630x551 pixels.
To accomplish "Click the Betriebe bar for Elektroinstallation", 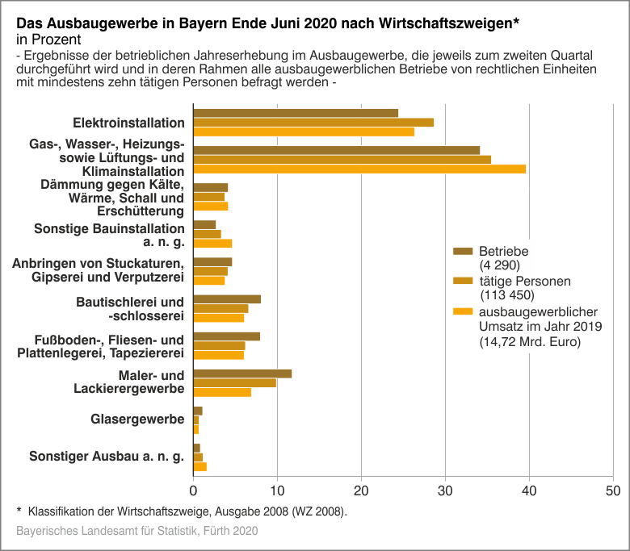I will [296, 113].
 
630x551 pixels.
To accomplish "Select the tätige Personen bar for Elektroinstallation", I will [313, 123].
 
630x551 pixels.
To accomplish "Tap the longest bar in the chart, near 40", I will [359, 169].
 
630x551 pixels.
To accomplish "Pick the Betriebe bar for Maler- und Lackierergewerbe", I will [242, 374].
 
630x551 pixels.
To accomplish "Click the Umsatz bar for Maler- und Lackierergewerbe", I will [222, 392].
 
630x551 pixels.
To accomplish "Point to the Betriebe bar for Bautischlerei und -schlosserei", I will [227, 299].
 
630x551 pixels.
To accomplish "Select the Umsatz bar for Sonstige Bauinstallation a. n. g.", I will [212, 243].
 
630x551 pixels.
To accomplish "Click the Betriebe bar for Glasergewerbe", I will [198, 411].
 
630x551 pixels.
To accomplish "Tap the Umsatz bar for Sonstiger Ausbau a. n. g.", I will [200, 466].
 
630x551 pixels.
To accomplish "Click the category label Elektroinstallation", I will [128, 123].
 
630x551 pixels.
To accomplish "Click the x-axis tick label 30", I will [445, 490].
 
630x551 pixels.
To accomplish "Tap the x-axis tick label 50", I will [612, 490].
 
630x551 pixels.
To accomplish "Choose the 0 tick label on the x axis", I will [194, 490].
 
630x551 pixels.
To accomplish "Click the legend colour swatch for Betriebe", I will [463, 251].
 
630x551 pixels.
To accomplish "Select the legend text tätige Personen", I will [524, 282].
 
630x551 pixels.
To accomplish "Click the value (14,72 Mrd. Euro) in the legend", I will [530, 342].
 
